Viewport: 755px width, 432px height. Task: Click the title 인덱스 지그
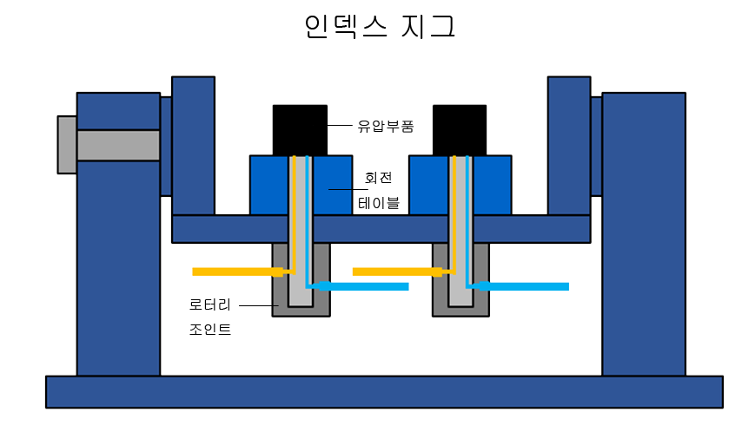pyautogui.click(x=380, y=26)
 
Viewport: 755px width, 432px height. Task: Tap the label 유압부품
pyautogui.click(x=385, y=127)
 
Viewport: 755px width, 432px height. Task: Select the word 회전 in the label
pyautogui.click(x=379, y=178)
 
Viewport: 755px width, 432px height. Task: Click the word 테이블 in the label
pyautogui.click(x=379, y=203)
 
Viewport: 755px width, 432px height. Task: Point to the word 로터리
pyautogui.click(x=210, y=304)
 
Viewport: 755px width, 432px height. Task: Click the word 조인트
pyautogui.click(x=210, y=329)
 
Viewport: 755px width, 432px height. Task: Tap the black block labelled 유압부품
pyautogui.click(x=300, y=130)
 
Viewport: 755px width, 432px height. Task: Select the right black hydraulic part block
pyautogui.click(x=460, y=130)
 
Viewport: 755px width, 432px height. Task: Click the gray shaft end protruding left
pyautogui.click(x=67, y=145)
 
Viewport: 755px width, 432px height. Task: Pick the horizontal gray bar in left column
pyautogui.click(x=118, y=145)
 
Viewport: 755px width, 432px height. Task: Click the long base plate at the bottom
pyautogui.click(x=384, y=392)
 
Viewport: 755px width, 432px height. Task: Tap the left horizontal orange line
pyautogui.click(x=237, y=272)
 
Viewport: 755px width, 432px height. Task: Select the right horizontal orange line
pyautogui.click(x=397, y=272)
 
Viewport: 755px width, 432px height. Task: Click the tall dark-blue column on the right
pyautogui.click(x=644, y=234)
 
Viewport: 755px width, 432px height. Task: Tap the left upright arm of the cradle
pyautogui.click(x=193, y=146)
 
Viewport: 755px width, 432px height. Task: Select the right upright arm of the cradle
pyautogui.click(x=569, y=146)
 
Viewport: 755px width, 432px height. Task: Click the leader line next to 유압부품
pyautogui.click(x=340, y=126)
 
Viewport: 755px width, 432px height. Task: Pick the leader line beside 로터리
pyautogui.click(x=259, y=305)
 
